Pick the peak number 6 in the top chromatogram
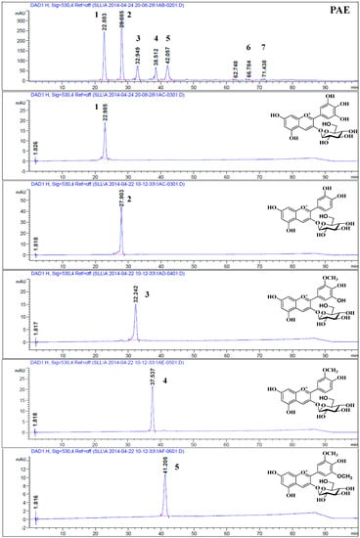(248, 48)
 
